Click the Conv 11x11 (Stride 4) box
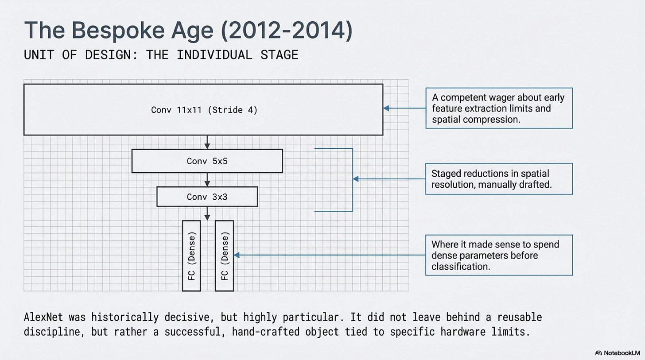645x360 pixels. point(203,109)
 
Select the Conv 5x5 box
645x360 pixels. point(207,161)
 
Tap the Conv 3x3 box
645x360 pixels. point(207,197)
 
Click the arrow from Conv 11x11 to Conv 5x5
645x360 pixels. point(207,142)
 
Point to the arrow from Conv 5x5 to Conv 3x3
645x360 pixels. point(207,179)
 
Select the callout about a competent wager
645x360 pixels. point(499,108)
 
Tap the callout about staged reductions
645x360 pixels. point(499,179)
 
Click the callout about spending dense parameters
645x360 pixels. point(499,255)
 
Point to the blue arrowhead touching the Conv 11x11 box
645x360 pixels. point(387,108)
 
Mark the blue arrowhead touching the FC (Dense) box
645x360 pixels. point(237,255)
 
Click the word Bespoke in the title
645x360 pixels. point(114,31)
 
